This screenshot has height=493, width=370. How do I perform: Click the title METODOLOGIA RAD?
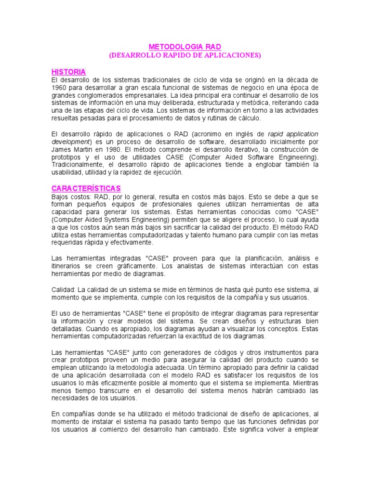(x=185, y=47)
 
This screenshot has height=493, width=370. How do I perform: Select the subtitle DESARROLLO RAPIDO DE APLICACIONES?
(x=185, y=55)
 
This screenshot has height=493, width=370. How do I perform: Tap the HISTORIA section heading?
(x=68, y=72)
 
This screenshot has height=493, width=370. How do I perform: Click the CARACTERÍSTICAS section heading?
(x=86, y=187)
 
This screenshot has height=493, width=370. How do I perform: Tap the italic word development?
(x=71, y=142)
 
